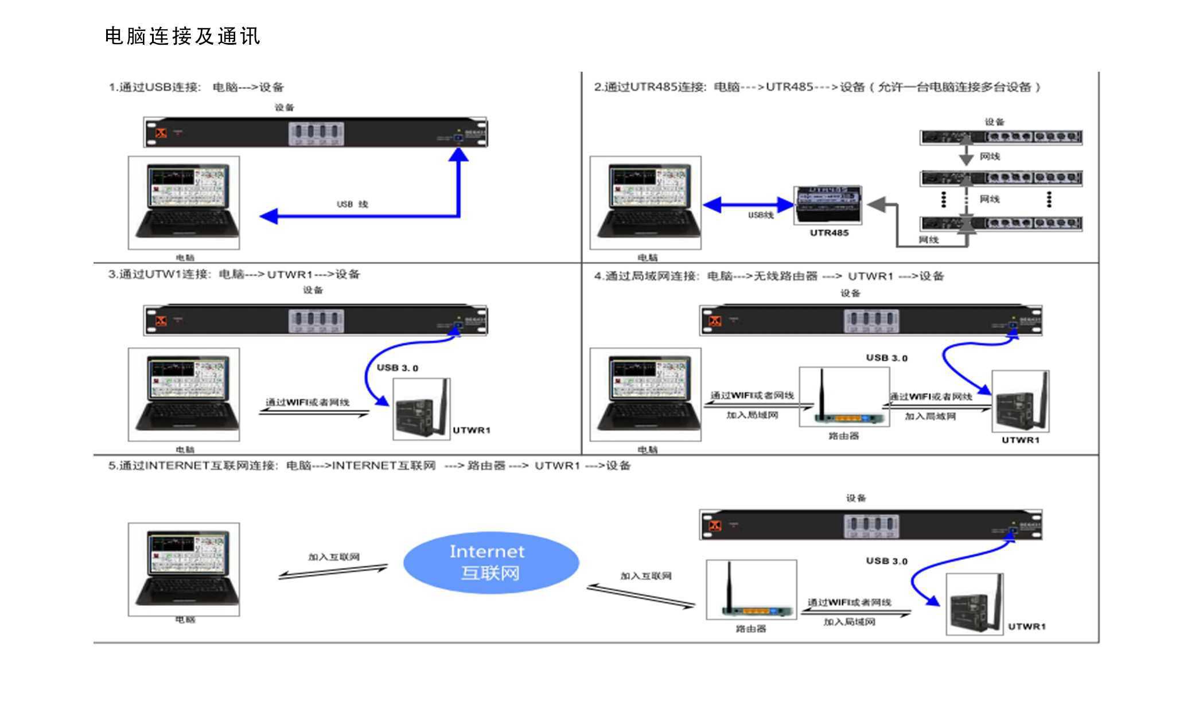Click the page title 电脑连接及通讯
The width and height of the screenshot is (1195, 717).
(x=182, y=36)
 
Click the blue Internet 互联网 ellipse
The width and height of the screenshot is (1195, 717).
(x=491, y=562)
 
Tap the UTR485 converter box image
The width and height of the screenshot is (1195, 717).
(x=828, y=205)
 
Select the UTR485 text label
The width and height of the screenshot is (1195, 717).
(x=829, y=233)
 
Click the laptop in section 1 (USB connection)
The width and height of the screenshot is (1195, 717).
(x=184, y=202)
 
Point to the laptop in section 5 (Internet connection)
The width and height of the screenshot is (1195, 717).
(x=184, y=569)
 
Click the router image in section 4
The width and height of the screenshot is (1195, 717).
(x=844, y=397)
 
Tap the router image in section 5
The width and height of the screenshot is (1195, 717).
(x=751, y=590)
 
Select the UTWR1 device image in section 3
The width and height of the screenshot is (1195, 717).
(x=422, y=409)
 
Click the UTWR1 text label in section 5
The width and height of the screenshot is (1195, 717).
(x=1027, y=626)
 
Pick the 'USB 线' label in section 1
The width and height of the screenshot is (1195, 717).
(x=352, y=204)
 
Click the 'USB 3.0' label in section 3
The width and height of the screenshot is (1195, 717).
(x=398, y=368)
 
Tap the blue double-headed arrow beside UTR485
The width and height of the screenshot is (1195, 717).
(x=748, y=205)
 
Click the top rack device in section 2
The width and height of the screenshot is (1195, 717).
(x=1001, y=137)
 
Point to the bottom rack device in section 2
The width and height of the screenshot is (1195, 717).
(x=1001, y=223)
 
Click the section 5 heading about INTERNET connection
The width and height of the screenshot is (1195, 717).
(x=369, y=465)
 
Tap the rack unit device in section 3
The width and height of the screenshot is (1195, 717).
(x=315, y=320)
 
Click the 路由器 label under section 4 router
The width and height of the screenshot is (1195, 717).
(x=843, y=436)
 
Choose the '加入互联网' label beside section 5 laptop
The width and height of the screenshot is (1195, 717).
(x=334, y=557)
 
